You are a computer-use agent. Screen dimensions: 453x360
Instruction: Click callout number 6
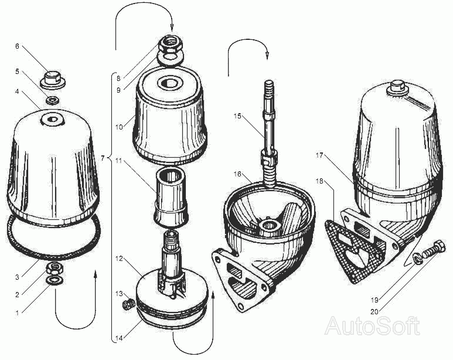tap(17, 46)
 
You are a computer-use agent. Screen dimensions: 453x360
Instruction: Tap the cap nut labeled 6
tap(54, 80)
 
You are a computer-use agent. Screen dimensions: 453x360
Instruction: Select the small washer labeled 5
tap(53, 101)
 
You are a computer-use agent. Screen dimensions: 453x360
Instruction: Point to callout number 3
tap(17, 277)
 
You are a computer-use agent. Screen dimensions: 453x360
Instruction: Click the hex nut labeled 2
tap(55, 268)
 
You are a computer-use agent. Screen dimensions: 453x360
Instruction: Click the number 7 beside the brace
tap(103, 158)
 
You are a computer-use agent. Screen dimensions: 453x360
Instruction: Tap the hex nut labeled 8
tap(171, 45)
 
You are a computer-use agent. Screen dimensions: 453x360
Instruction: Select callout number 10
tap(120, 127)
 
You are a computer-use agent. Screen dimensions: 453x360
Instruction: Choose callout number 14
tap(119, 338)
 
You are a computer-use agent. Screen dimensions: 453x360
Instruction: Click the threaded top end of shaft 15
tap(268, 87)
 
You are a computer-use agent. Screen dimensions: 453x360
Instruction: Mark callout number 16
tap(237, 174)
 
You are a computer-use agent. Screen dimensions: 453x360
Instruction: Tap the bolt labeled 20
tap(433, 250)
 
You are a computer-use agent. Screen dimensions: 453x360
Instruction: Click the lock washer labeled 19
tap(417, 258)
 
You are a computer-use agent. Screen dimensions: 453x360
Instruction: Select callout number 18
tap(319, 182)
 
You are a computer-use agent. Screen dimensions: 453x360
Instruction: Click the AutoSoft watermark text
tap(373, 326)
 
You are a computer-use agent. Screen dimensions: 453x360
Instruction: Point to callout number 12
tap(120, 258)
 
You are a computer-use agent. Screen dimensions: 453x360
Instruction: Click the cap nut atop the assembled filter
tap(398, 87)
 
